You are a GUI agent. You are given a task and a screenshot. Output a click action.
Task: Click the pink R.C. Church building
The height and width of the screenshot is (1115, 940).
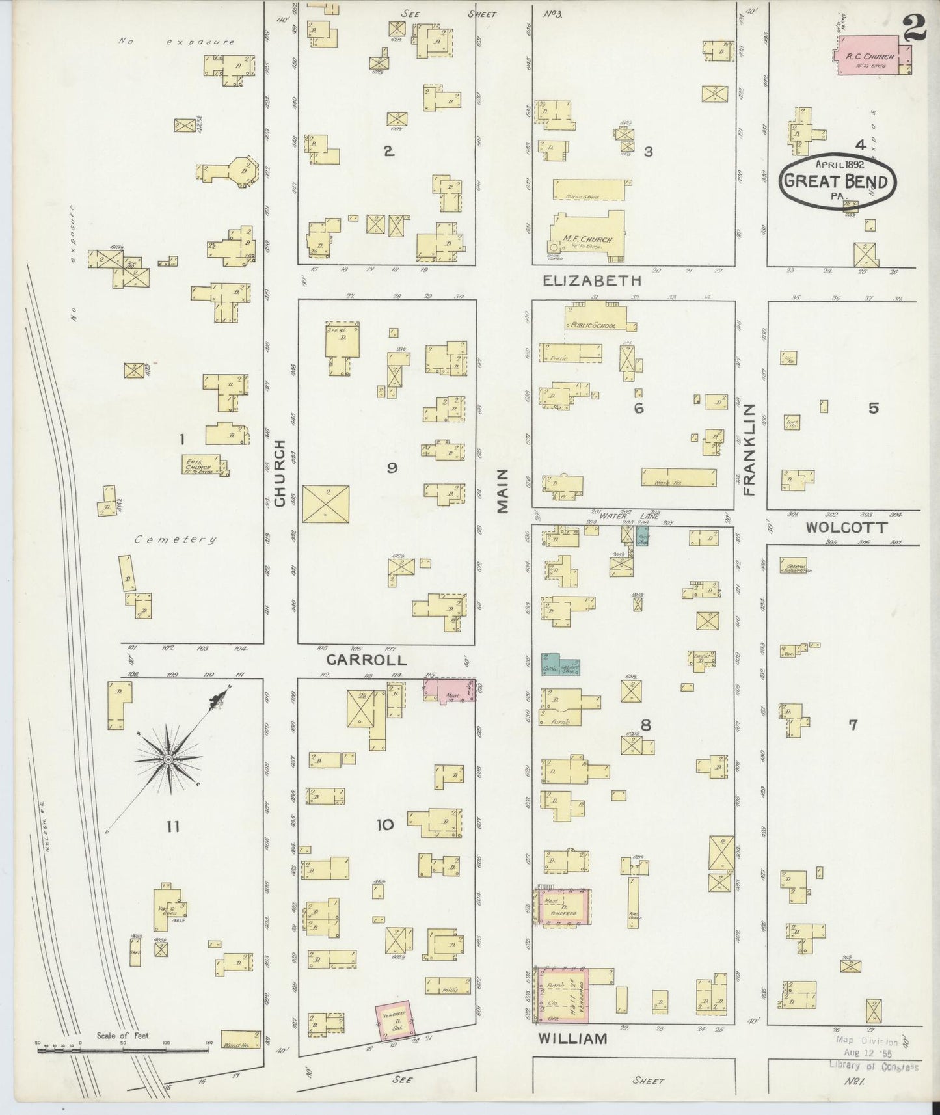(869, 57)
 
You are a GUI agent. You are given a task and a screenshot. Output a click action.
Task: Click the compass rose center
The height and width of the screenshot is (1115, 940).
(168, 759)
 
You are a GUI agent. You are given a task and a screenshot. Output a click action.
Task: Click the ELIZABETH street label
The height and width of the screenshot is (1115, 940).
(592, 281)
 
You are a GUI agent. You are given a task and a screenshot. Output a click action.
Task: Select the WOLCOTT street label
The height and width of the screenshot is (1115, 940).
(846, 528)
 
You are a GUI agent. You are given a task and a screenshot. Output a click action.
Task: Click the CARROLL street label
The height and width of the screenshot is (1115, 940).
(366, 659)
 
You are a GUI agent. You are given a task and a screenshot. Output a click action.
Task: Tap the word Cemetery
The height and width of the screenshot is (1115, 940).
(176, 539)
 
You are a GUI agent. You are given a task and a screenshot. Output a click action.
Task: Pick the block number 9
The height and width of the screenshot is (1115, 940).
(392, 467)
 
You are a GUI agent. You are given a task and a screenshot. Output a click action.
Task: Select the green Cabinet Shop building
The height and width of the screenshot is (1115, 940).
(561, 664)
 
